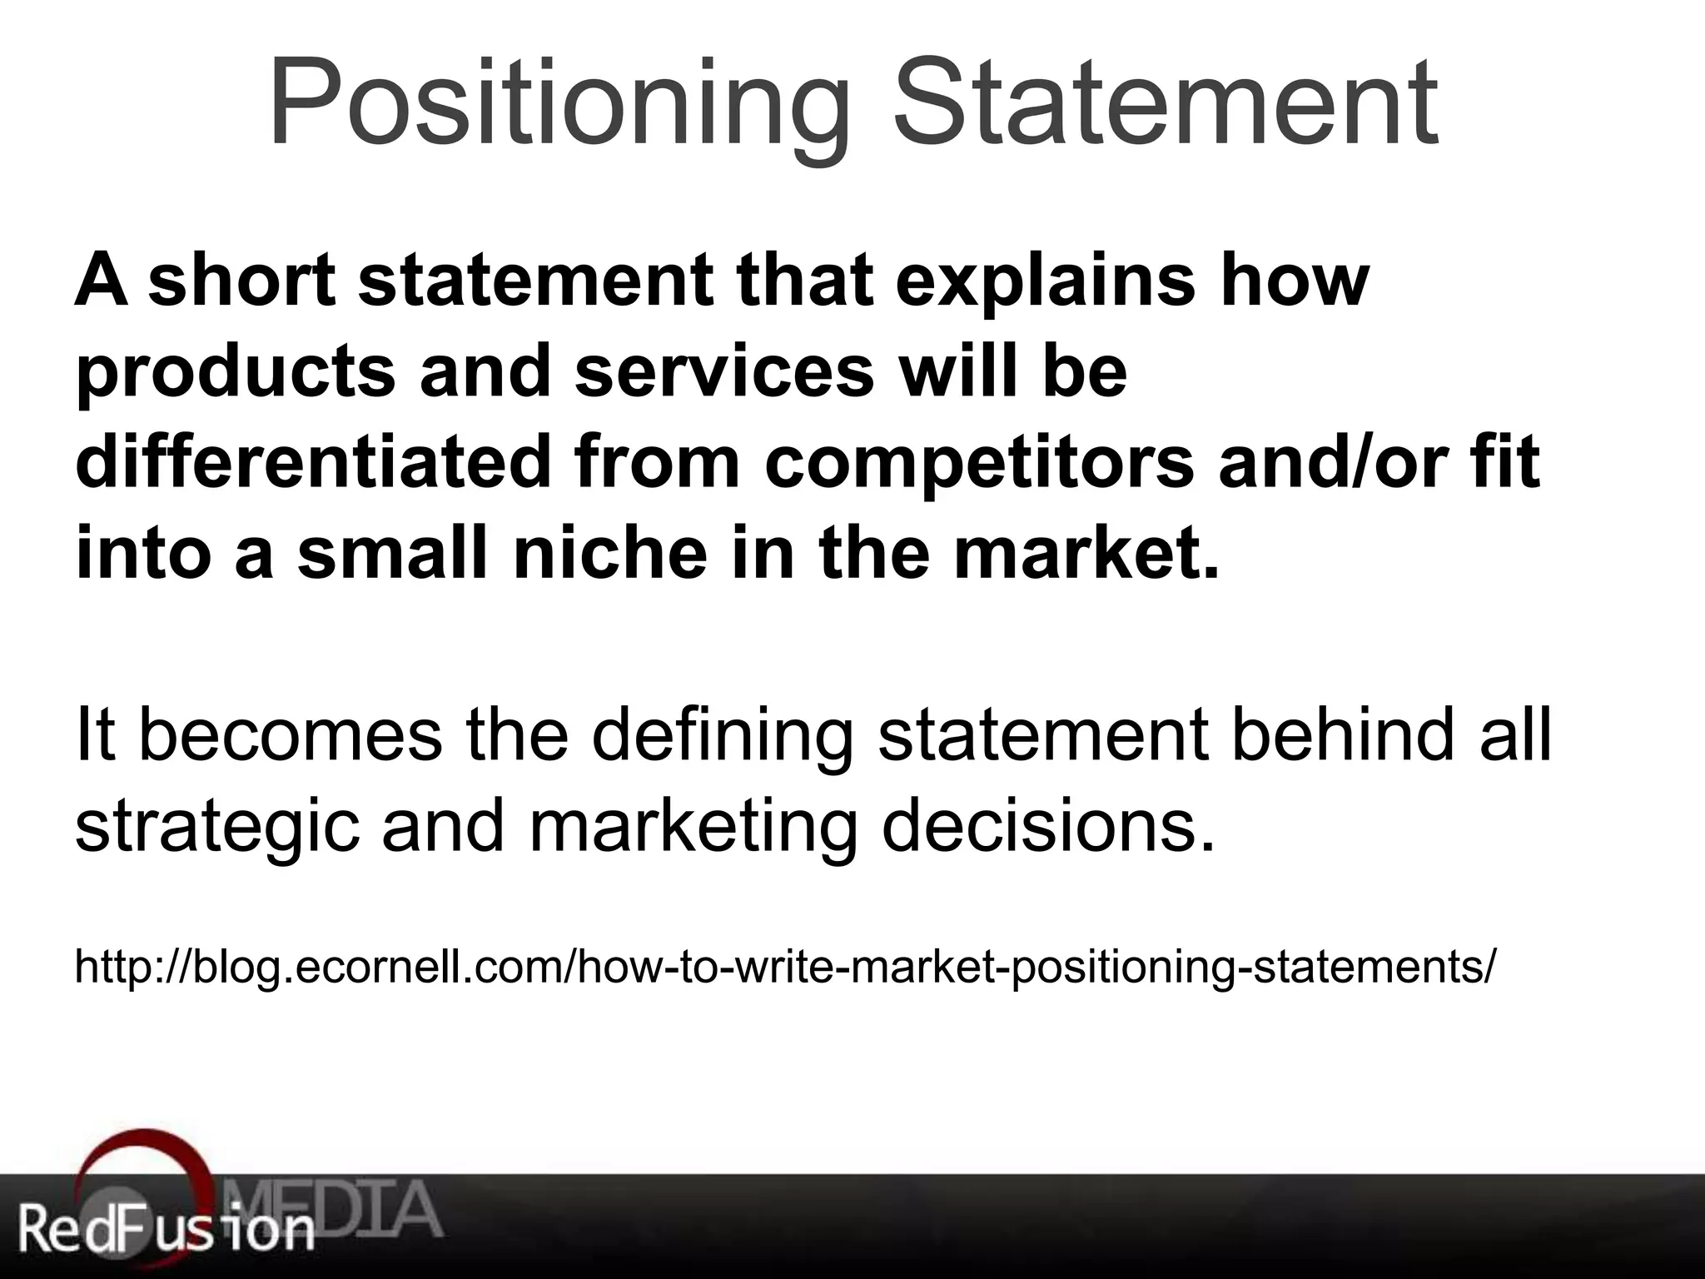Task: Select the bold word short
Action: tap(242, 281)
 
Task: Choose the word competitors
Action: tap(979, 463)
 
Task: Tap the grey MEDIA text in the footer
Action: tap(333, 1207)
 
